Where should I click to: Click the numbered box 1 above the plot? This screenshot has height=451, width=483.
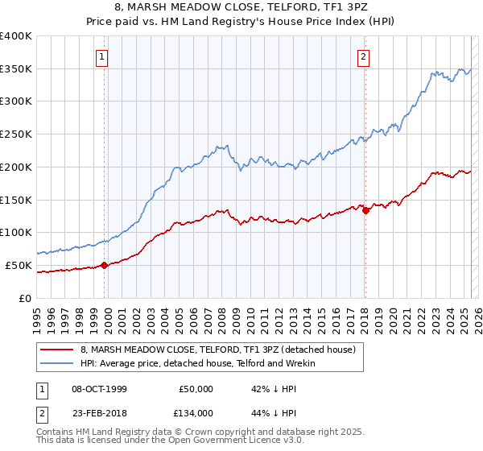(x=104, y=56)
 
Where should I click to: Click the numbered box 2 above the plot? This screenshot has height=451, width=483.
(x=364, y=56)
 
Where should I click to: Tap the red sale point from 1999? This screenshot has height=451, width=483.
(x=105, y=265)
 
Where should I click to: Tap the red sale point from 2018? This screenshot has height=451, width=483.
(x=365, y=210)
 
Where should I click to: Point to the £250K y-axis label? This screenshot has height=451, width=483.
(x=16, y=134)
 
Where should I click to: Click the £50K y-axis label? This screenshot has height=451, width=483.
(x=19, y=265)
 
